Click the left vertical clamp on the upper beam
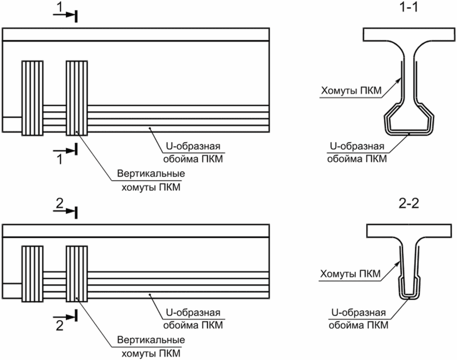pyautogui.click(x=33, y=98)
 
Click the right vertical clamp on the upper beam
pyautogui.click(x=77, y=98)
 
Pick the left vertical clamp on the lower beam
pyautogui.click(x=33, y=274)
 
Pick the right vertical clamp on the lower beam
pyautogui.click(x=77, y=274)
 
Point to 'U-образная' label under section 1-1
pyautogui.click(x=357, y=146)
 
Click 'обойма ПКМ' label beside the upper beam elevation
pyautogui.click(x=193, y=160)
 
